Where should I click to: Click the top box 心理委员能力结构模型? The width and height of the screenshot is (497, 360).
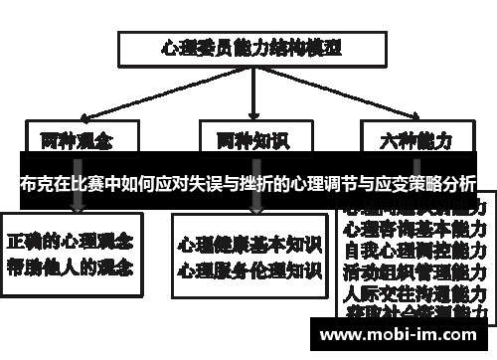click(249, 47)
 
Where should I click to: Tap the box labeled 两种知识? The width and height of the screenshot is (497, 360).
click(249, 138)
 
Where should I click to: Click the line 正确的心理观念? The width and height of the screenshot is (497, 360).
click(72, 242)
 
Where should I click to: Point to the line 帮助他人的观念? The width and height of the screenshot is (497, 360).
click(72, 266)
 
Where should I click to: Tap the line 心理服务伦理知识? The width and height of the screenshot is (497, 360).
click(249, 269)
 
